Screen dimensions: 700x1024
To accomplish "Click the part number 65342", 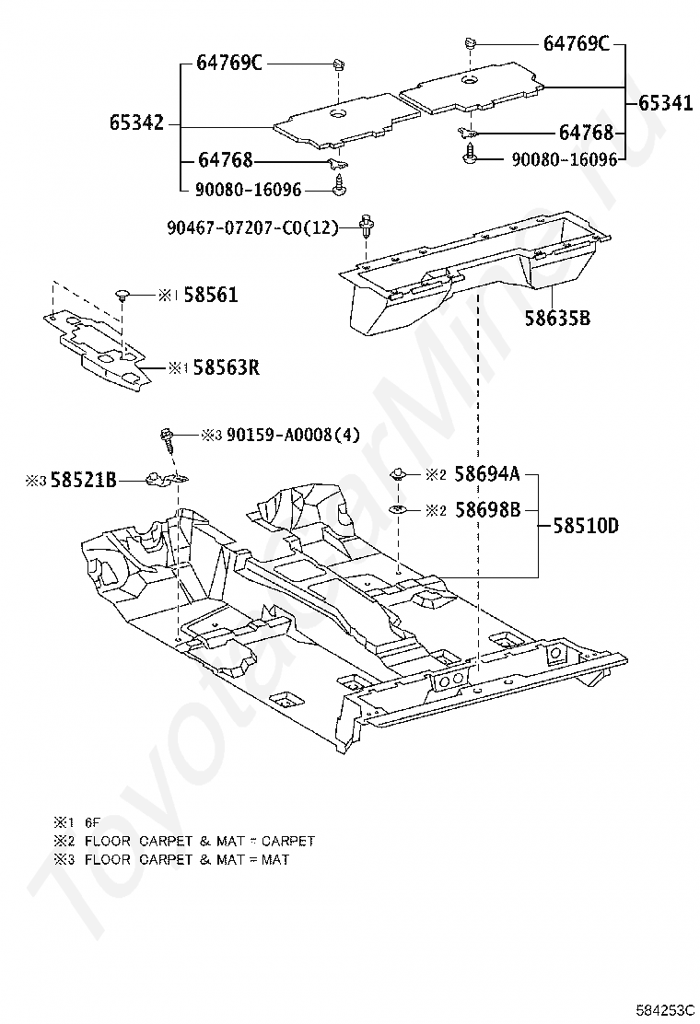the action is pos(136,122).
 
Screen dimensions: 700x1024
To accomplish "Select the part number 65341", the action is pos(665,103).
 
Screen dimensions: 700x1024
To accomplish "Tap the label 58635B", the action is pos(557,318).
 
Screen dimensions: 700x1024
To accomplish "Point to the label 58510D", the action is pos(586,525).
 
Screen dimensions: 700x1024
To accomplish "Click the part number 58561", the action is pos(210,296).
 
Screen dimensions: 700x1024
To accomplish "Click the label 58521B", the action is pos(83,481).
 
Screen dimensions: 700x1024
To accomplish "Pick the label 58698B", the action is pos(487,509).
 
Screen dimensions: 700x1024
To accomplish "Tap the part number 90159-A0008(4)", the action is pos(293,435).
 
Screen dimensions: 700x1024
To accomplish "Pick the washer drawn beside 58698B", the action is pos(396,508).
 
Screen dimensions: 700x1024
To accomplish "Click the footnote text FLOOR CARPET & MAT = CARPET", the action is pos(200,841).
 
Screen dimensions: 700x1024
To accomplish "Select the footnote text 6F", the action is pos(92,823).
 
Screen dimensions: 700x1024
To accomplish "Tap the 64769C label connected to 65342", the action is pos(229,64).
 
